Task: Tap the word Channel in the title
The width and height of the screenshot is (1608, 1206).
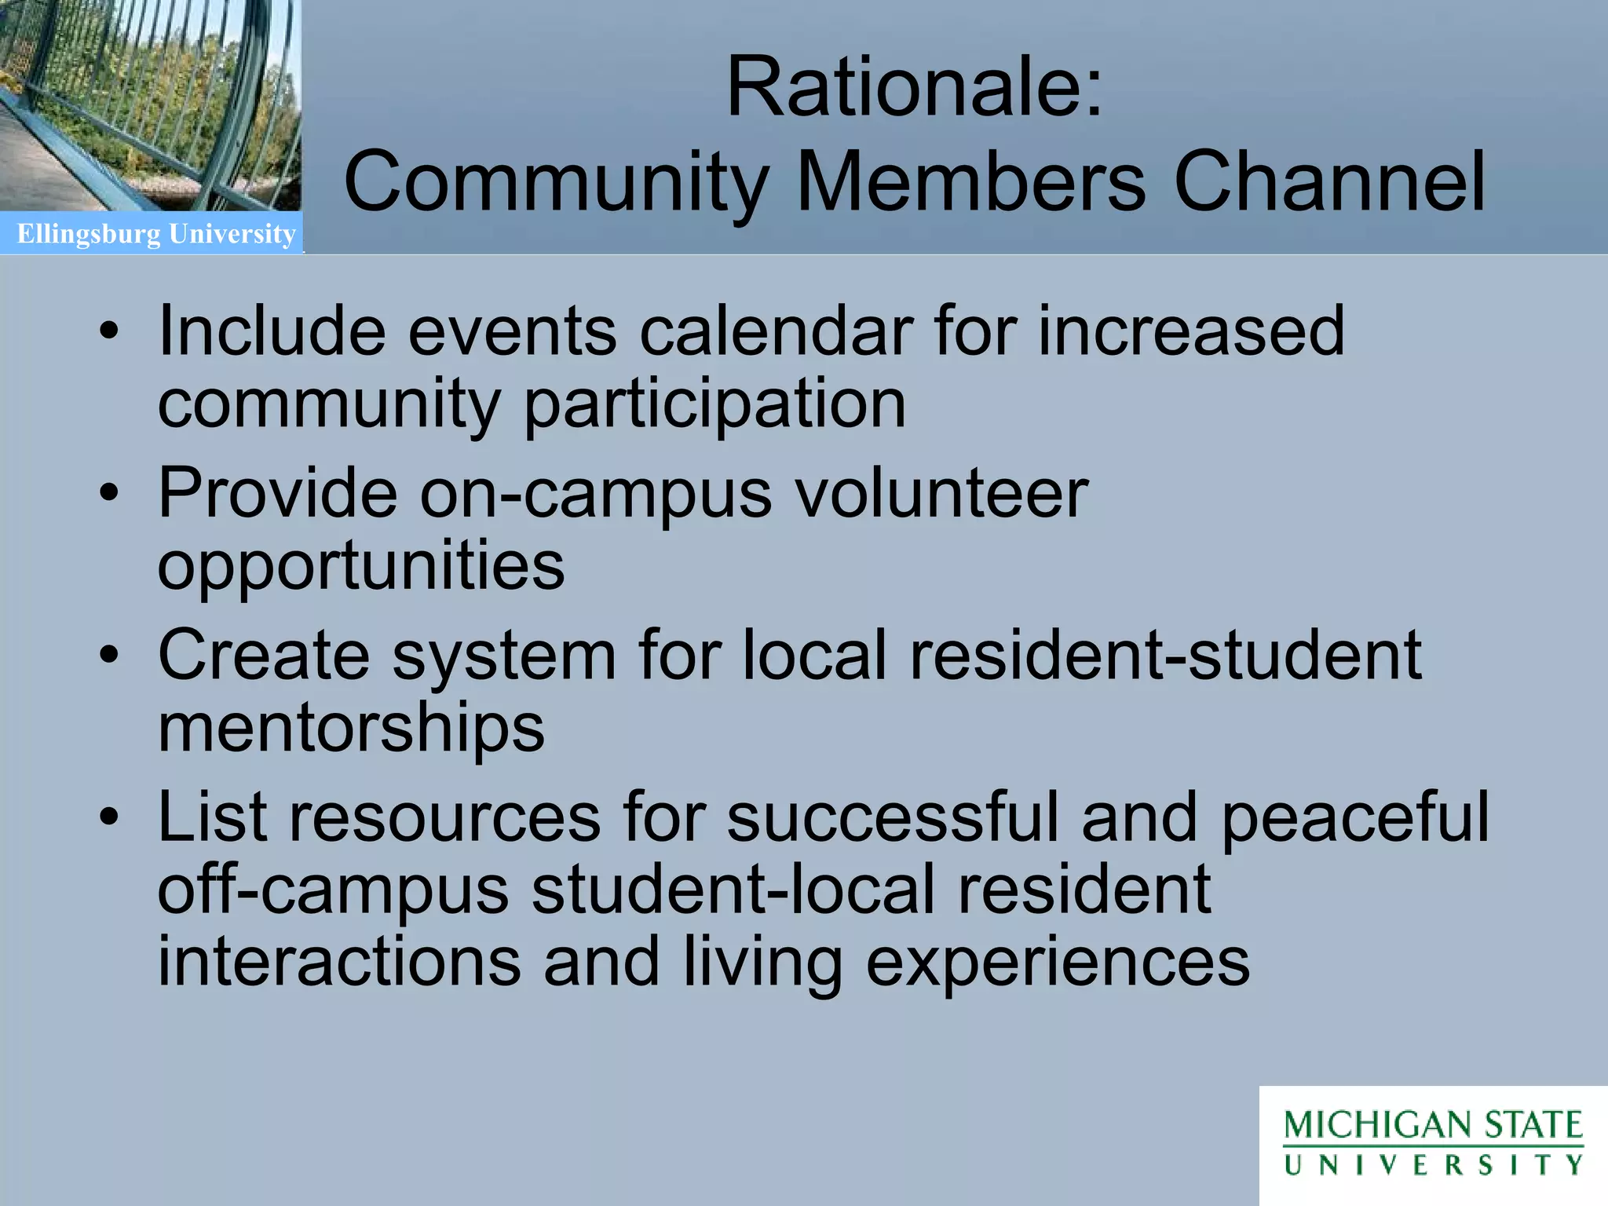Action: coord(1329,181)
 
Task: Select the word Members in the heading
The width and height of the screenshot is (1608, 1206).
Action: coord(970,181)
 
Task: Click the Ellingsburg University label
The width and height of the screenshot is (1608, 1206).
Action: coord(156,234)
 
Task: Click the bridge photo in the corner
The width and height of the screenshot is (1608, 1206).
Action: coord(150,105)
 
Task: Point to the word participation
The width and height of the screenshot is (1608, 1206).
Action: coord(714,405)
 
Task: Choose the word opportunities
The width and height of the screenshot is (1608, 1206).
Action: coord(361,567)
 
